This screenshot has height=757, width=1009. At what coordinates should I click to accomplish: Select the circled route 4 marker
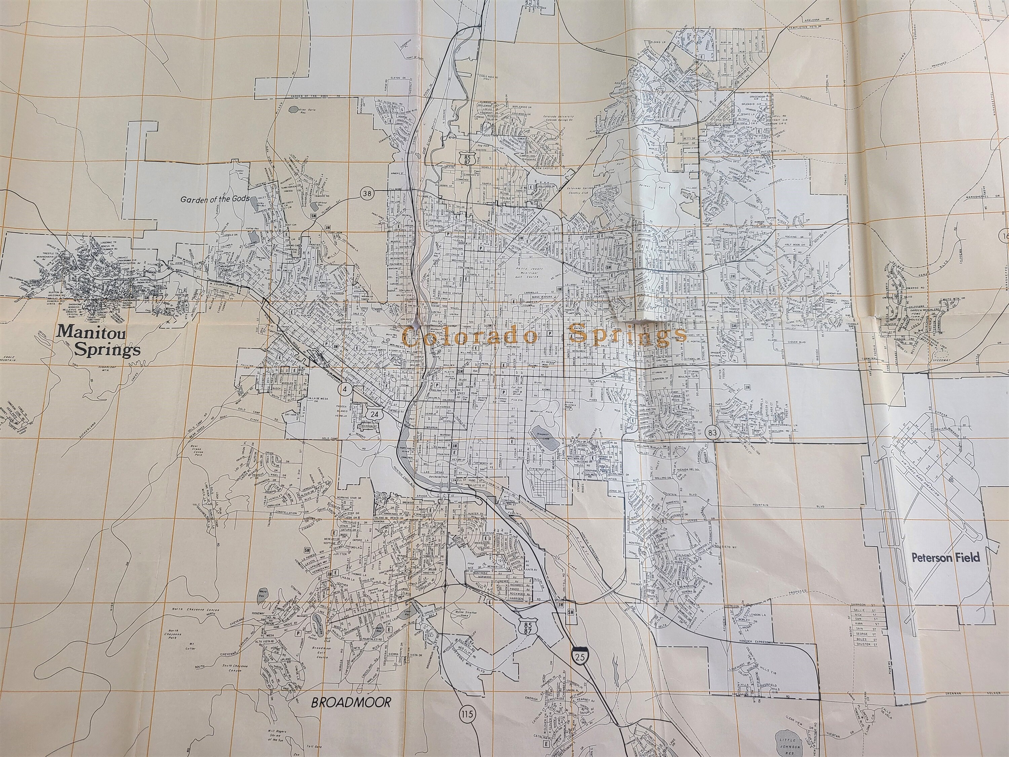[345, 389]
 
